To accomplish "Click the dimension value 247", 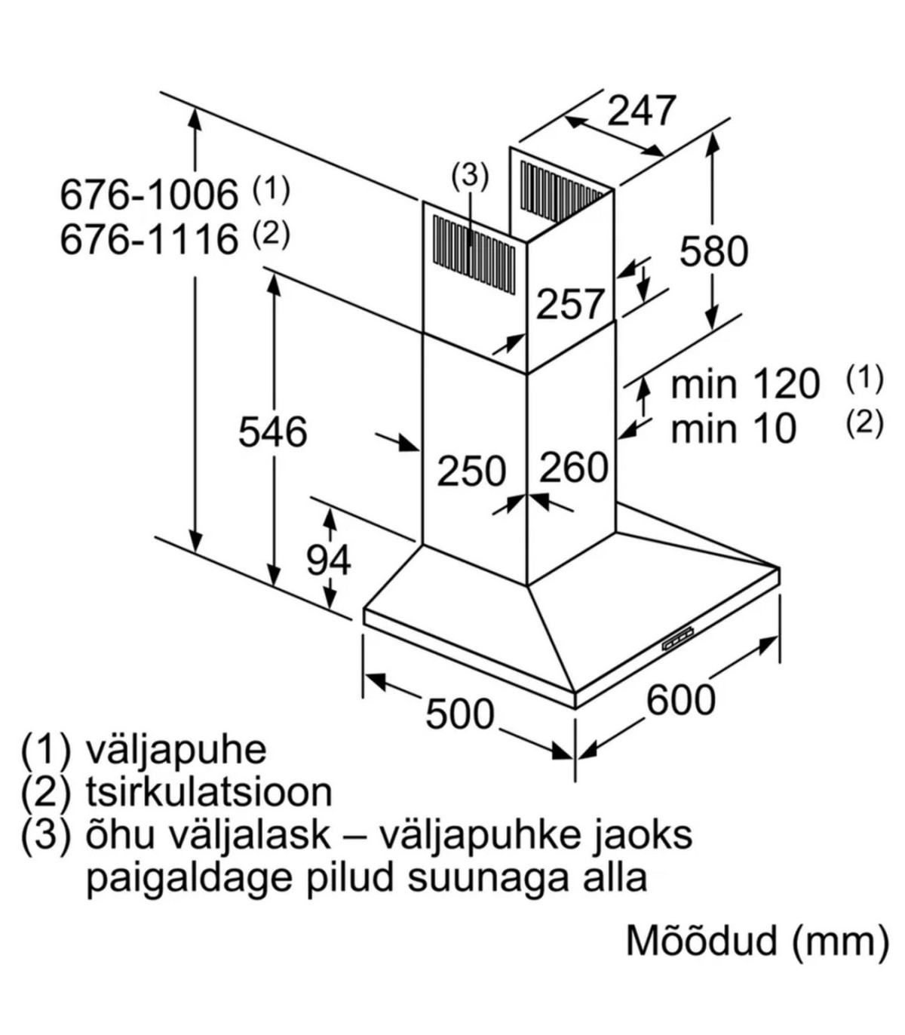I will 642,111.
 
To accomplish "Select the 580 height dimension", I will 713,251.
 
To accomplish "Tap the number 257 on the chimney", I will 570,305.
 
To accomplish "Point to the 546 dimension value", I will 272,432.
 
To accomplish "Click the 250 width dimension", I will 472,471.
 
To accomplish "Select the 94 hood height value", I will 329,560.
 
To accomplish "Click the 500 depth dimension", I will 459,713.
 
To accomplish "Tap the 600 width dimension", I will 680,699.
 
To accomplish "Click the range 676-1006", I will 149,195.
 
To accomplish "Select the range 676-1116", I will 149,240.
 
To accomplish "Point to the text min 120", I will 744,384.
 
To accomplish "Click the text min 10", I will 733,429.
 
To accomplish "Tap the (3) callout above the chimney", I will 469,177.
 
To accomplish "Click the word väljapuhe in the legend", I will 176,750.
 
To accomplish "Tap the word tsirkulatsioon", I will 209,792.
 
